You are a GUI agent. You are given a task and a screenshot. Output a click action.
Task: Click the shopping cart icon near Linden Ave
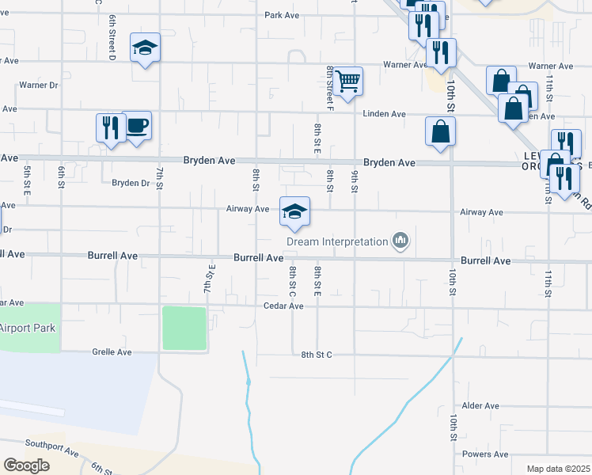348,81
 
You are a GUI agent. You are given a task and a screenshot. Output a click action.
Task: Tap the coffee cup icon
136,125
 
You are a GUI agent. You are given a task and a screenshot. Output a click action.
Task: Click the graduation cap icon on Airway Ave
294,211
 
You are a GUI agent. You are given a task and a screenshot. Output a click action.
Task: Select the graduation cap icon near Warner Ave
145,48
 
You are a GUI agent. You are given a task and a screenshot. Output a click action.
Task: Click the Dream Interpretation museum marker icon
400,240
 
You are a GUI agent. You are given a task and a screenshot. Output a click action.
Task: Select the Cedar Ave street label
284,306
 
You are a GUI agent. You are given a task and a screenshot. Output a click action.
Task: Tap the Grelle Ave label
112,351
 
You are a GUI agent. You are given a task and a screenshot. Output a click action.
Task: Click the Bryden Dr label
131,183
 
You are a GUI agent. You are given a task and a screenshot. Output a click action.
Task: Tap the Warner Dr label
39,85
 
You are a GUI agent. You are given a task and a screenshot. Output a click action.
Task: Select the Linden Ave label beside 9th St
385,114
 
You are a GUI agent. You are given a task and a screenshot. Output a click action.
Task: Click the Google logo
27,465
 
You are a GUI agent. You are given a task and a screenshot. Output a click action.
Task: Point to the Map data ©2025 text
557,469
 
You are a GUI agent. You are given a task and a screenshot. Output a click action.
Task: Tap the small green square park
184,328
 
